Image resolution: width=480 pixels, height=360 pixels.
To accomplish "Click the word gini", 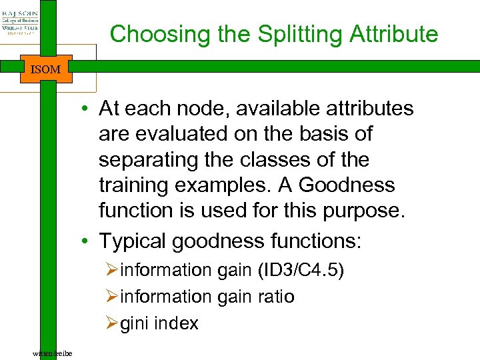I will tap(135, 323).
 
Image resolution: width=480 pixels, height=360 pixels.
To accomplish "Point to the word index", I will tap(176, 323).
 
